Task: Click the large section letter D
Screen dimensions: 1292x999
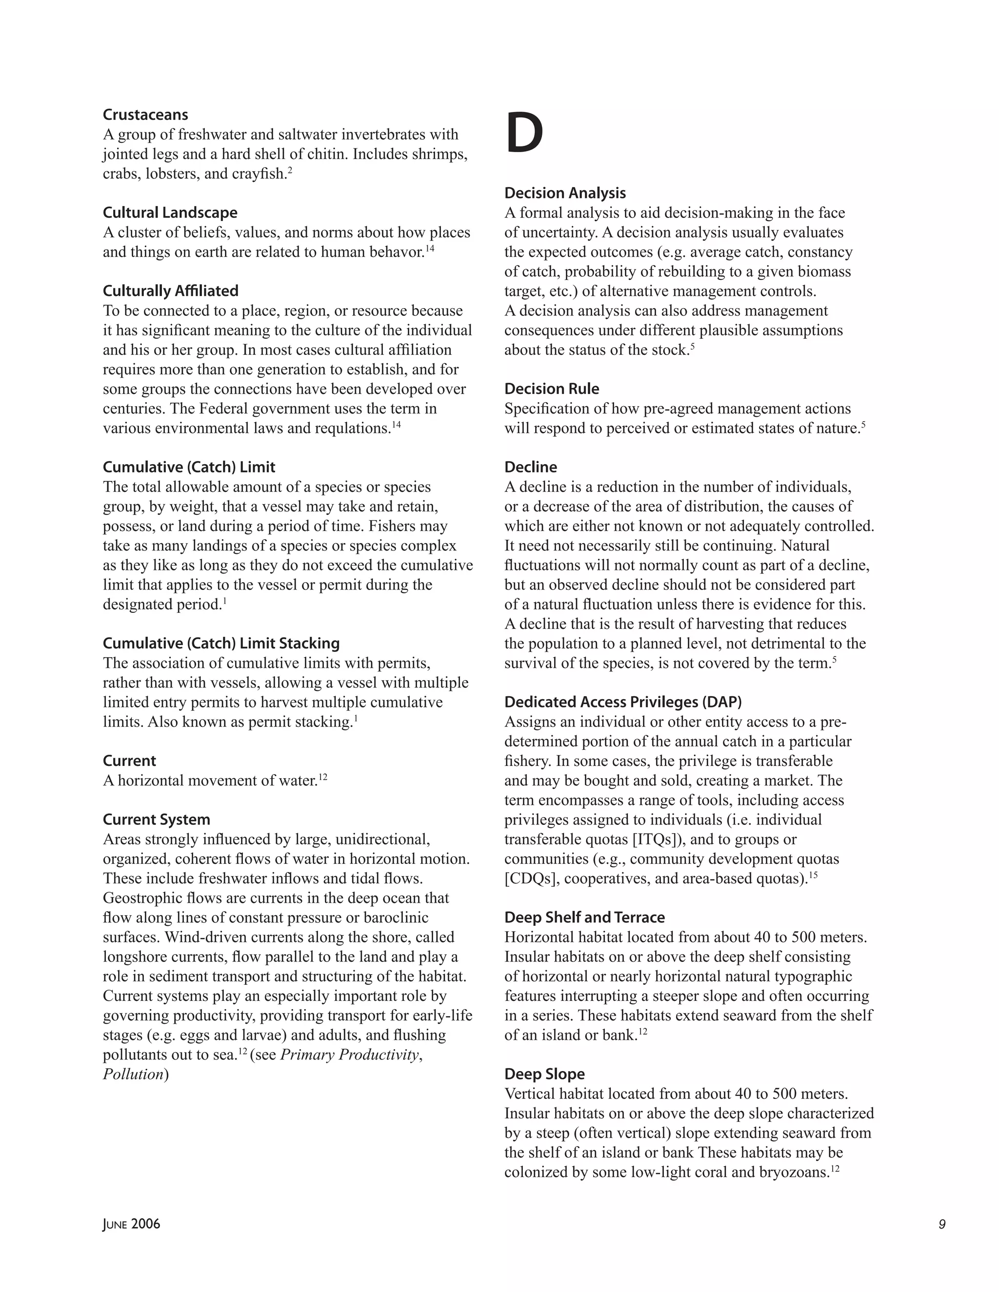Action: pos(524,134)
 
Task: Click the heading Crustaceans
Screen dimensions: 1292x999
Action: pos(145,115)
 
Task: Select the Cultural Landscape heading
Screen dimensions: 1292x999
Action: pos(170,213)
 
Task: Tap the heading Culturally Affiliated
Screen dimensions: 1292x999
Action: pos(170,291)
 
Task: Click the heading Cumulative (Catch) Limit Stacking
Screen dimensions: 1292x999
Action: pos(221,643)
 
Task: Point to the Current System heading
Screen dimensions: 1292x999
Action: pos(156,820)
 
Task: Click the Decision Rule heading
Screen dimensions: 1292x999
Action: pos(552,389)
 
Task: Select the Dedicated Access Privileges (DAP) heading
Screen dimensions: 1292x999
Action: pos(622,702)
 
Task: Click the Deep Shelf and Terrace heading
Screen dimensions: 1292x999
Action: pos(584,917)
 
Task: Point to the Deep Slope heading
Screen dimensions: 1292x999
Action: pos(544,1074)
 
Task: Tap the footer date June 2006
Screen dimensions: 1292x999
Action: pos(131,1224)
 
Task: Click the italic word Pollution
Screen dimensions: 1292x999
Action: pos(133,1074)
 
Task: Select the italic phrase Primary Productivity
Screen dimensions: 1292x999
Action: pos(350,1055)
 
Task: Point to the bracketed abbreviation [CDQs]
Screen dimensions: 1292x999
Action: pos(531,879)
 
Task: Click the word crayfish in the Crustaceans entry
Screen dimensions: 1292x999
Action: pos(260,174)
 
